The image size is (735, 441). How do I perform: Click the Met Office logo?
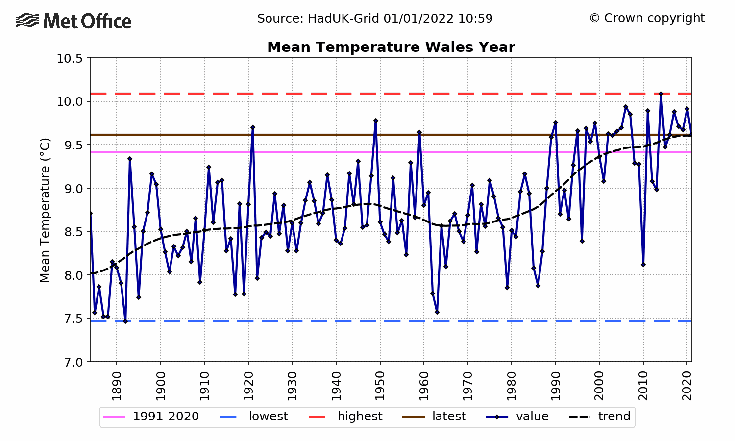(73, 21)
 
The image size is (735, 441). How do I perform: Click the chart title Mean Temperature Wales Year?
(391, 47)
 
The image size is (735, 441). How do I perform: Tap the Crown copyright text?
(647, 18)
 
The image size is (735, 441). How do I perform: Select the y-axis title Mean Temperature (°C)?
(45, 210)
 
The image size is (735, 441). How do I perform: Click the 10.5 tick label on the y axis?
(71, 59)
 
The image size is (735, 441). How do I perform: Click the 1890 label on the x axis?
(117, 386)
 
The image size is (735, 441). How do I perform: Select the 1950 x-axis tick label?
(380, 386)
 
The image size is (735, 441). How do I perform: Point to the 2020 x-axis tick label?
(687, 386)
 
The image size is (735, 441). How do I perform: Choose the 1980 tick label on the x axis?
(512, 386)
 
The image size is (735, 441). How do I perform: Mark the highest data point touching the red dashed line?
(661, 94)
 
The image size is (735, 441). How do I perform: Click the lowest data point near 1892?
(125, 321)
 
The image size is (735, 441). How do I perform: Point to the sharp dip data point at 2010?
(643, 265)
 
